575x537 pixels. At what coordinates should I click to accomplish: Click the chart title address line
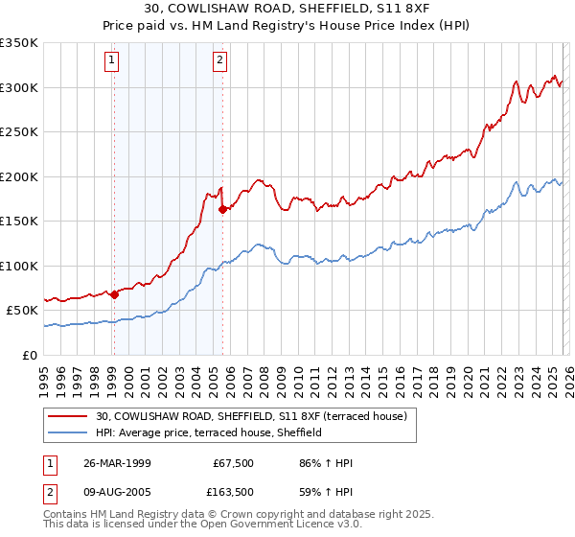coord(287,10)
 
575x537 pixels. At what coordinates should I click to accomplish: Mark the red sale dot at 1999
coord(114,294)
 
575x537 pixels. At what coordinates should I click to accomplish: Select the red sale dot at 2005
coord(222,209)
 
